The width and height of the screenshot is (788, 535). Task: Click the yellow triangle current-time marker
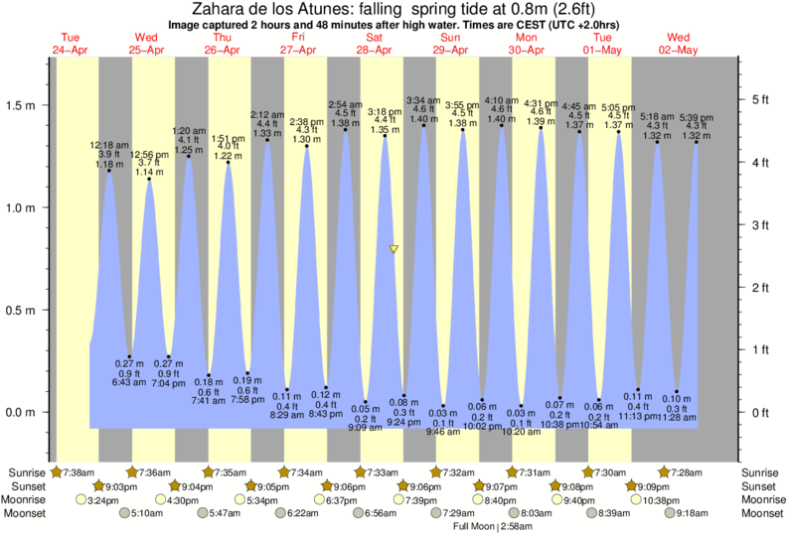[394, 249]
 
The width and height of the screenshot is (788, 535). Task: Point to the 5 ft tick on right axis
[761, 100]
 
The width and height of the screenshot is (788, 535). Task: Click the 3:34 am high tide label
[423, 101]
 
